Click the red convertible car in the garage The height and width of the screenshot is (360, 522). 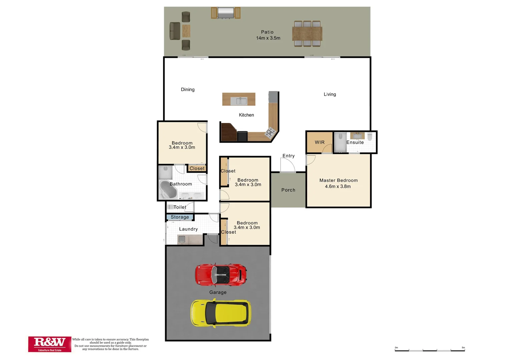coord(221,274)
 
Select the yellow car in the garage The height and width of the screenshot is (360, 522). coord(220,313)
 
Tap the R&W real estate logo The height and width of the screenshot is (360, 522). coord(50,344)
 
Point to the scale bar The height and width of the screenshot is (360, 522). coord(430,350)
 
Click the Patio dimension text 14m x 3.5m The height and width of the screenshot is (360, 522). coord(268,38)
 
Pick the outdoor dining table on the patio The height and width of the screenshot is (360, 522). coord(307,33)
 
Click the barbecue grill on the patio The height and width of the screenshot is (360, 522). coord(225,13)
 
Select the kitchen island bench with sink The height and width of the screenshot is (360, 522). coord(239,99)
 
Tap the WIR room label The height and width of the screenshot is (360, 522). coord(320,142)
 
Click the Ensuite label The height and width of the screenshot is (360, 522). coord(355,142)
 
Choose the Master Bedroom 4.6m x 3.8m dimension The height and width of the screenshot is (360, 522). coord(338,186)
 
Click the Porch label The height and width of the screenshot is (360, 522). coord(288,190)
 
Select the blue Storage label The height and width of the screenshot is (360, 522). coord(180,217)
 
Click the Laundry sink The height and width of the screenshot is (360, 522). coord(182,239)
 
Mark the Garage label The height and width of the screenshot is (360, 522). coord(218,292)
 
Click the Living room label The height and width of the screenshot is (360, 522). coord(330,94)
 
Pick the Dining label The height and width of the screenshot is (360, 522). coord(187,89)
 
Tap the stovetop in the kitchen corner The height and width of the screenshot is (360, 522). coord(270,133)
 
